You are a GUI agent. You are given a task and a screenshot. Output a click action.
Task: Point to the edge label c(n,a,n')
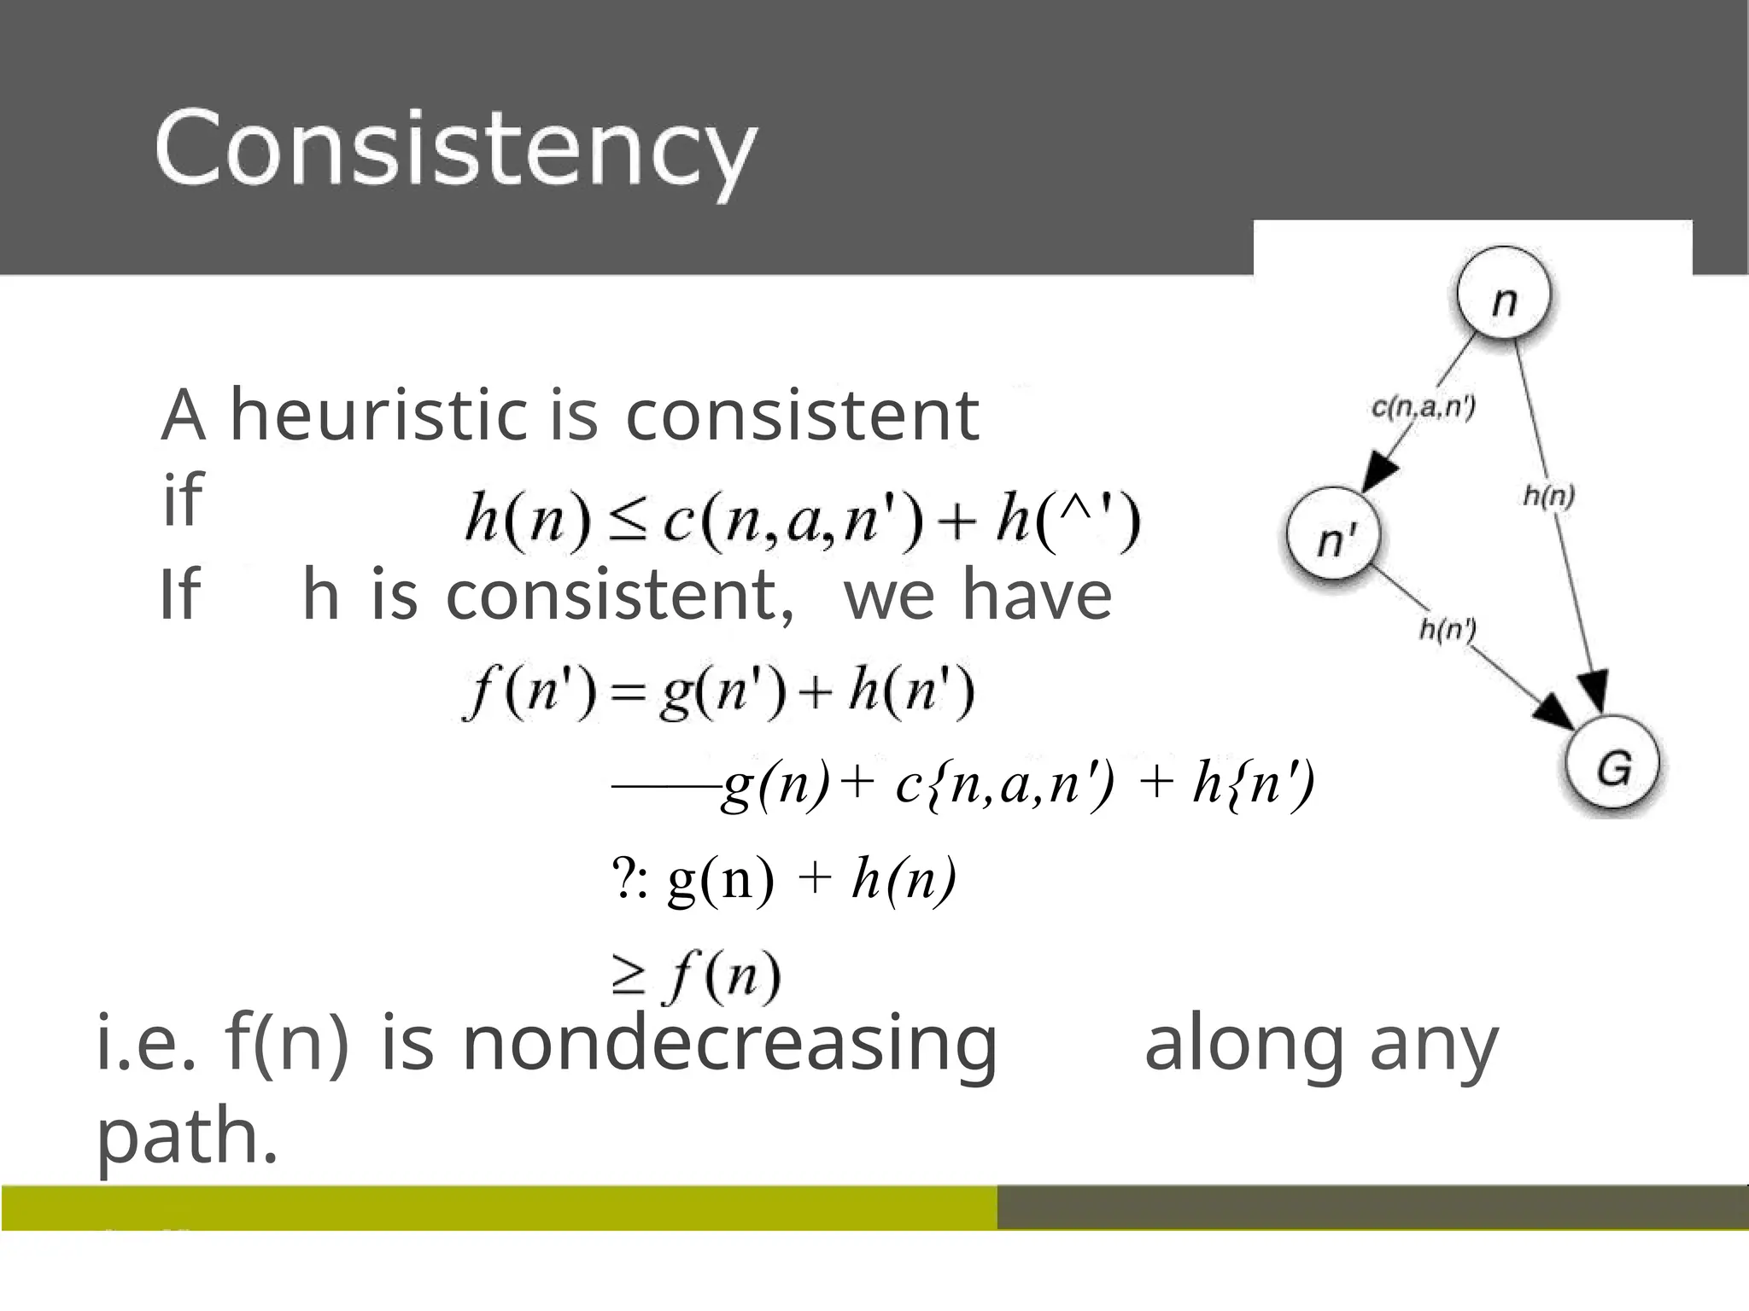[x=1423, y=407]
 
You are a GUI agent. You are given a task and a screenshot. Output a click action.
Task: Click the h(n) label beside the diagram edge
[x=1549, y=495]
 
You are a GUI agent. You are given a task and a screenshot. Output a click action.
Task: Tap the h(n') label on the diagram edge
[x=1448, y=630]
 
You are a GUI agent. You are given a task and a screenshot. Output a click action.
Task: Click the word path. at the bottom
[x=187, y=1136]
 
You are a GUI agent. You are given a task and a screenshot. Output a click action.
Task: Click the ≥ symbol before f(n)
[x=629, y=976]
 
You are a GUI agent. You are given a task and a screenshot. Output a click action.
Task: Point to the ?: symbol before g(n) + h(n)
[x=630, y=879]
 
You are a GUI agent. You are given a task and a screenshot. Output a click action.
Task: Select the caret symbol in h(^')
[x=1078, y=511]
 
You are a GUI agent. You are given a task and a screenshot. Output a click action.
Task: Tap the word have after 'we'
[x=1037, y=595]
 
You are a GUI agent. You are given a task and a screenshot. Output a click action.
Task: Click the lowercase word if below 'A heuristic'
[x=182, y=498]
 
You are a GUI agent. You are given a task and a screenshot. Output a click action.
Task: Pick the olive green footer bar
[x=499, y=1207]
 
